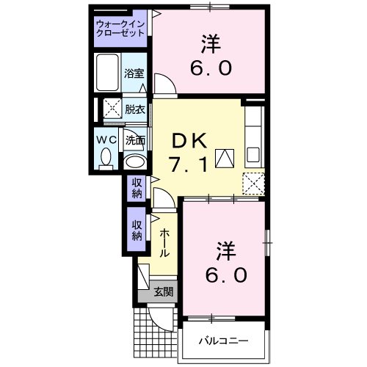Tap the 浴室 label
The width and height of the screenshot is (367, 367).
[x=134, y=74]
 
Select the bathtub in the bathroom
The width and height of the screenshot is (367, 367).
[x=108, y=73]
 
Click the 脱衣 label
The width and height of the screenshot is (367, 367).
[x=134, y=109]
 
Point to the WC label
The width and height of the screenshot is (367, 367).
[x=104, y=138]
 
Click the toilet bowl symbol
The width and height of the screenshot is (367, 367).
[x=105, y=156]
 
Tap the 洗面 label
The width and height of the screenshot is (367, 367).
[x=134, y=139]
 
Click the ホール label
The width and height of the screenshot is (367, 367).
[x=164, y=243]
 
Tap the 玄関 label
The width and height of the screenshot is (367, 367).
[x=163, y=291]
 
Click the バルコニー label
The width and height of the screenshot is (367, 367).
[x=225, y=341]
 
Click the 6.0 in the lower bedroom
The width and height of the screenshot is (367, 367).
[x=225, y=275]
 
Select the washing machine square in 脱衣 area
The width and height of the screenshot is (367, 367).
[x=113, y=110]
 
